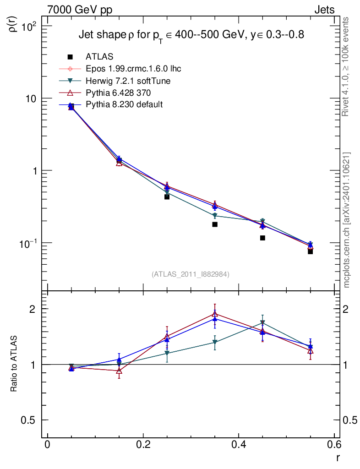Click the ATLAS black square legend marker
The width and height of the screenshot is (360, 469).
point(70,57)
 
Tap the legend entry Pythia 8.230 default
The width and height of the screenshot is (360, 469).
point(124,105)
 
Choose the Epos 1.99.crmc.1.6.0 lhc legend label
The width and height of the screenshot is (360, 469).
point(133,69)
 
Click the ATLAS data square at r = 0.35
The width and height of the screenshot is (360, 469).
point(215,224)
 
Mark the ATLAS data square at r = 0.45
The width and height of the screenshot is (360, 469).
point(262,238)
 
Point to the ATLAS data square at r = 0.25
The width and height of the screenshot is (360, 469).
point(167,196)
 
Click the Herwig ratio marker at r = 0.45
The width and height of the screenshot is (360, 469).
point(262,322)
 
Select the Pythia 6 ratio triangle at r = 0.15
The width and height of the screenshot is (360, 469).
point(119,371)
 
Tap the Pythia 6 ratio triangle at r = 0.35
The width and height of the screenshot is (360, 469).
point(215,314)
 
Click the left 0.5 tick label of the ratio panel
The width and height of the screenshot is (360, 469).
point(29,420)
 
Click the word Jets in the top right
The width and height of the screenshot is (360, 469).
point(324,10)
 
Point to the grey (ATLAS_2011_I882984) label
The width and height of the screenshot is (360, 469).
point(191,274)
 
